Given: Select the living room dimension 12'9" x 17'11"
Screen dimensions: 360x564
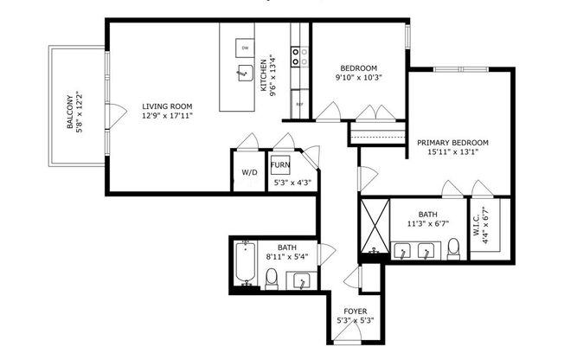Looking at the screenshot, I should point(168,115).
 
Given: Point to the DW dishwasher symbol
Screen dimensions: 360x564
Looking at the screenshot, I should point(245,48).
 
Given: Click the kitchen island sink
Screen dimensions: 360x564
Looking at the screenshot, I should point(243,74).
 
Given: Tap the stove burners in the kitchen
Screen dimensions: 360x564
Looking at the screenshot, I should point(299,56).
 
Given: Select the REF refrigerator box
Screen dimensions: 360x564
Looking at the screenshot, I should point(299,103).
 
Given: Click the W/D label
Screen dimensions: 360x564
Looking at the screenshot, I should point(249,172).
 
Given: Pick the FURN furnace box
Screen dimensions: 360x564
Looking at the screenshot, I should point(280,164).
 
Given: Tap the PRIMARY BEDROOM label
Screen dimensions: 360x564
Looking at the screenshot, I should point(452,142).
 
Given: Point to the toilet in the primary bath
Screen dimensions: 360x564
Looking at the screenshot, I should point(453,249).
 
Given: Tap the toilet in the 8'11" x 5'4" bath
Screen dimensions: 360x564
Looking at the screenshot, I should point(271,278).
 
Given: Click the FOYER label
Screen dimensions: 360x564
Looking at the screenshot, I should point(355,312).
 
